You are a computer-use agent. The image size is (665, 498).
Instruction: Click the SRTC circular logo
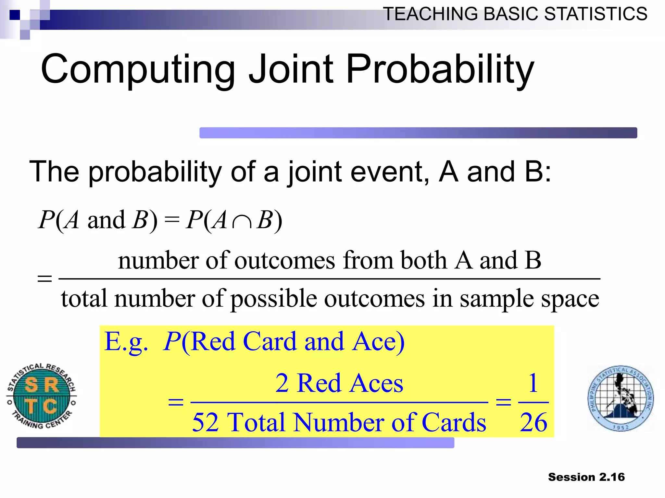click(x=42, y=396)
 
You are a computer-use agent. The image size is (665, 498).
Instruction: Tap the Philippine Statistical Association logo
click(x=621, y=398)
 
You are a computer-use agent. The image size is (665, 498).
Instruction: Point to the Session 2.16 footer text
click(x=586, y=477)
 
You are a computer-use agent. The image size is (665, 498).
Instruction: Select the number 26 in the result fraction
click(x=533, y=422)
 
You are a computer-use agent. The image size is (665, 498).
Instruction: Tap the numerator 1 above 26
click(x=533, y=383)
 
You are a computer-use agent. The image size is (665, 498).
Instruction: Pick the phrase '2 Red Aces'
click(x=339, y=383)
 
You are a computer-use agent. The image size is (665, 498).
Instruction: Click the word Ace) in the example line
click(x=379, y=341)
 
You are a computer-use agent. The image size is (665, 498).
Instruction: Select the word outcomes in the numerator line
click(x=284, y=260)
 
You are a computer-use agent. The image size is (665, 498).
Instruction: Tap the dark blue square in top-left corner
click(x=15, y=15)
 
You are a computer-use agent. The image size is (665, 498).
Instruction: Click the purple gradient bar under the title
click(x=418, y=133)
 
